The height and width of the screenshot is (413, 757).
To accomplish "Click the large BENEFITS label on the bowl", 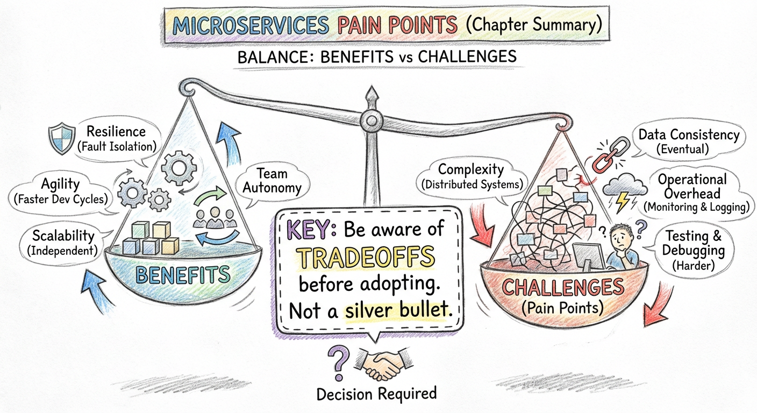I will pyautogui.click(x=183, y=275).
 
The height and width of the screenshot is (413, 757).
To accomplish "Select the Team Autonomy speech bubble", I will pyautogui.click(x=271, y=181).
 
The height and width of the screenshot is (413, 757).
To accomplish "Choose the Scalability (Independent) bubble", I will pyautogui.click(x=63, y=242).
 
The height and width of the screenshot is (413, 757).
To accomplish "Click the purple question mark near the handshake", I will pyautogui.click(x=338, y=364).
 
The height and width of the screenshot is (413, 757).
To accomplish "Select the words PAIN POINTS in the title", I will pyautogui.click(x=397, y=26).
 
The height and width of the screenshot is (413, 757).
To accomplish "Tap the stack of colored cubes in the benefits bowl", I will pyautogui.click(x=152, y=239).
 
